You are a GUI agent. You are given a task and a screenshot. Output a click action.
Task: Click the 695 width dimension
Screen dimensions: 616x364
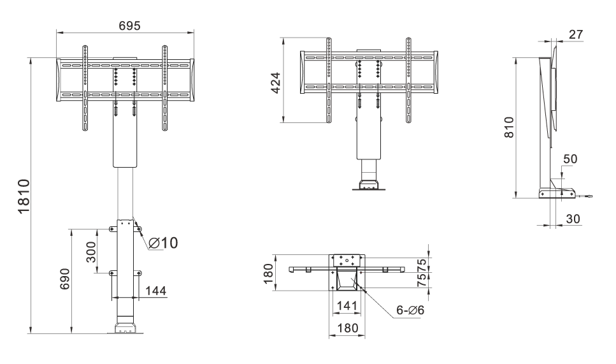point(129,26)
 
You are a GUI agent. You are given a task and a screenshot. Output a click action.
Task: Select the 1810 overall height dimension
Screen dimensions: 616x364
point(24,196)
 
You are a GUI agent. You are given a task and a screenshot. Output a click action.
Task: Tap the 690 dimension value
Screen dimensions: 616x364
point(65,279)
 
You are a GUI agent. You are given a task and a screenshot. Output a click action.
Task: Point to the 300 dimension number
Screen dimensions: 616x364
point(90,252)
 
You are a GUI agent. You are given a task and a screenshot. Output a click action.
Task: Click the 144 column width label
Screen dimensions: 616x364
point(156,291)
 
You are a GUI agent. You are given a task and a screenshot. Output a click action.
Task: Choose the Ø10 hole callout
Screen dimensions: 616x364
point(164,243)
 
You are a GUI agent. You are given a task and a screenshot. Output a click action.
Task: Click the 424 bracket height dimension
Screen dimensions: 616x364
point(276,82)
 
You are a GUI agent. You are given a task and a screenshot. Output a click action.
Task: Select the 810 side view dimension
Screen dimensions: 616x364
point(509,127)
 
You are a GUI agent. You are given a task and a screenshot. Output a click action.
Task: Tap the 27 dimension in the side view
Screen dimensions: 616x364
point(576,34)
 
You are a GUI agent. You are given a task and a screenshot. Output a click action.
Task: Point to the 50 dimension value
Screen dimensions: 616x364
point(570,159)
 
